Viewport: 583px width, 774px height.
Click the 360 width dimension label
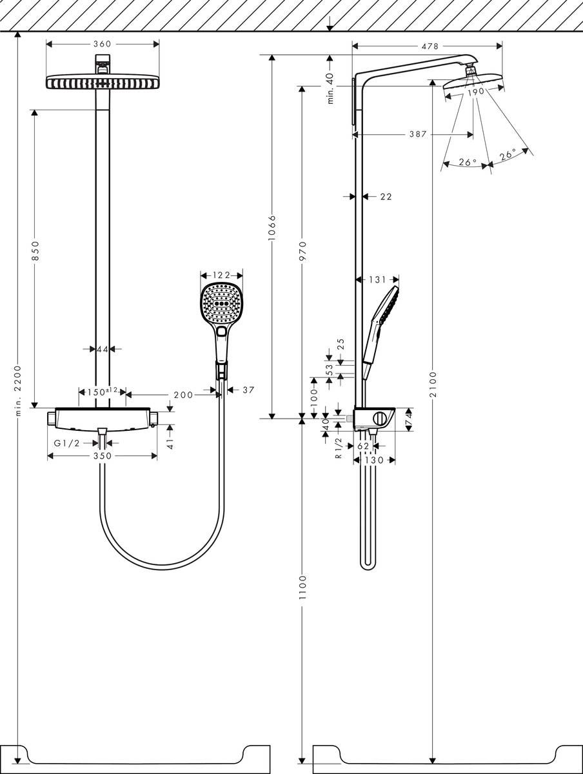click(103, 44)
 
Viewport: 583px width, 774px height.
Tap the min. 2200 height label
click(18, 390)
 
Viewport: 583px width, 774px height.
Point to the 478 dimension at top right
click(430, 46)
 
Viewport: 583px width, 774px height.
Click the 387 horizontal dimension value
click(419, 135)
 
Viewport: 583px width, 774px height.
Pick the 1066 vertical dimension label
click(272, 228)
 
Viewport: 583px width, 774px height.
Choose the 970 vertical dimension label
click(302, 251)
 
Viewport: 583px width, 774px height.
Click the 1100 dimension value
click(302, 588)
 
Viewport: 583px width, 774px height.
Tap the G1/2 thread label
click(66, 442)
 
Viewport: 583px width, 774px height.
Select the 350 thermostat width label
click(102, 456)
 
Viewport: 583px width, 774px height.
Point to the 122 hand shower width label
click(221, 275)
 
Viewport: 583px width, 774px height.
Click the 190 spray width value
click(475, 92)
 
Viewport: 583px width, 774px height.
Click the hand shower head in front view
click(221, 305)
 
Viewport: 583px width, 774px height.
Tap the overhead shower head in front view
click(103, 82)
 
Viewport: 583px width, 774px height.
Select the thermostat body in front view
click(103, 418)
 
